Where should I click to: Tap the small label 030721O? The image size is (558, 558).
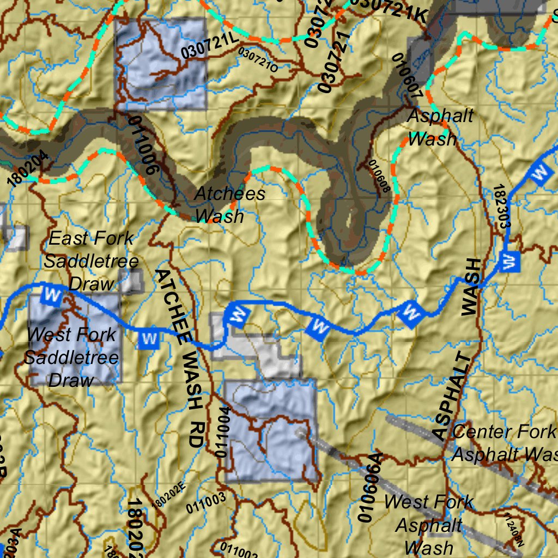pos(258,60)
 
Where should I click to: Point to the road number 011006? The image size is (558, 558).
pos(144,144)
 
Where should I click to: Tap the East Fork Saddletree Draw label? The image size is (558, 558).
pos(92,260)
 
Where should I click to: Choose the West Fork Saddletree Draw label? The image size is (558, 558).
pos(71,357)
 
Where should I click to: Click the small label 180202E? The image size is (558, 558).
pos(170,495)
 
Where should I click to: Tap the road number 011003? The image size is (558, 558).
pos(205,503)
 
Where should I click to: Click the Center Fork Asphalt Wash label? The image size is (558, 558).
pos(504,442)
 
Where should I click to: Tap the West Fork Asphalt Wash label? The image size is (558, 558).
pos(429,524)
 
